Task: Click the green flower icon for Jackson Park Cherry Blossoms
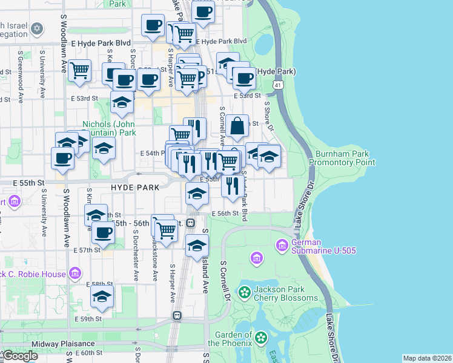tap(245, 293)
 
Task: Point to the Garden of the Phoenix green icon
tap(261, 338)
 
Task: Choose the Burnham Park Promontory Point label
tap(342, 158)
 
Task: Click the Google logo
tap(19, 356)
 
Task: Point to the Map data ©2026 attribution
tap(426, 358)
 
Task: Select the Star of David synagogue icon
tap(37, 29)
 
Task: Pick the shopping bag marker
tap(239, 126)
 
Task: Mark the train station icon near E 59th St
tap(177, 315)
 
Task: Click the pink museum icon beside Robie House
tap(74, 274)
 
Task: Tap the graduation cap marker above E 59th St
tap(102, 296)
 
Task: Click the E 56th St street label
tap(225, 214)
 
